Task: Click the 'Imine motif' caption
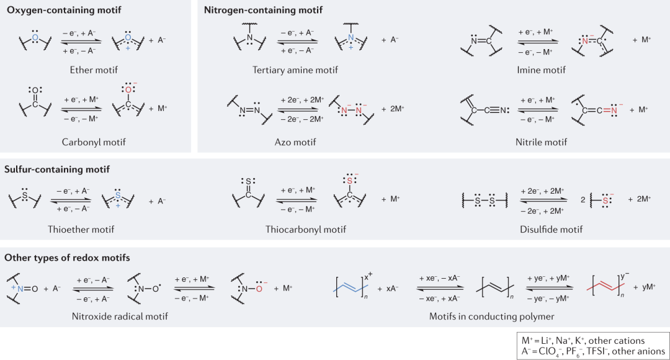pos(541,70)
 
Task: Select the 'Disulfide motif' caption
pos(551,229)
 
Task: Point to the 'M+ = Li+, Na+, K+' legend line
pos(583,341)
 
